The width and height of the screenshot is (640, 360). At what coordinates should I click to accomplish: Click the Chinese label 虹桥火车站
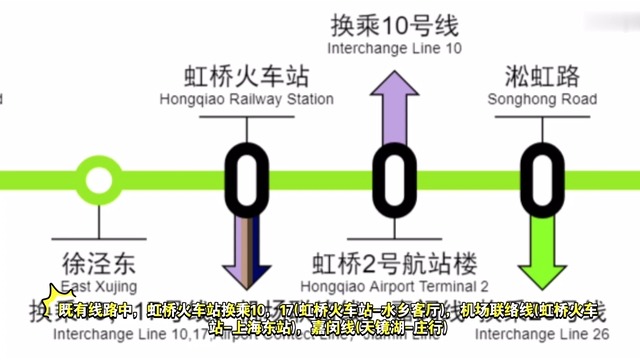click(246, 75)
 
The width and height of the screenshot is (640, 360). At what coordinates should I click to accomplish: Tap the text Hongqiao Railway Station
click(246, 99)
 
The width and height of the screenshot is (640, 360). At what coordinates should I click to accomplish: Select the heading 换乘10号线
click(396, 24)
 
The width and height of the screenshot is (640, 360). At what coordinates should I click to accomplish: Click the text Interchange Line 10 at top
click(396, 48)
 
